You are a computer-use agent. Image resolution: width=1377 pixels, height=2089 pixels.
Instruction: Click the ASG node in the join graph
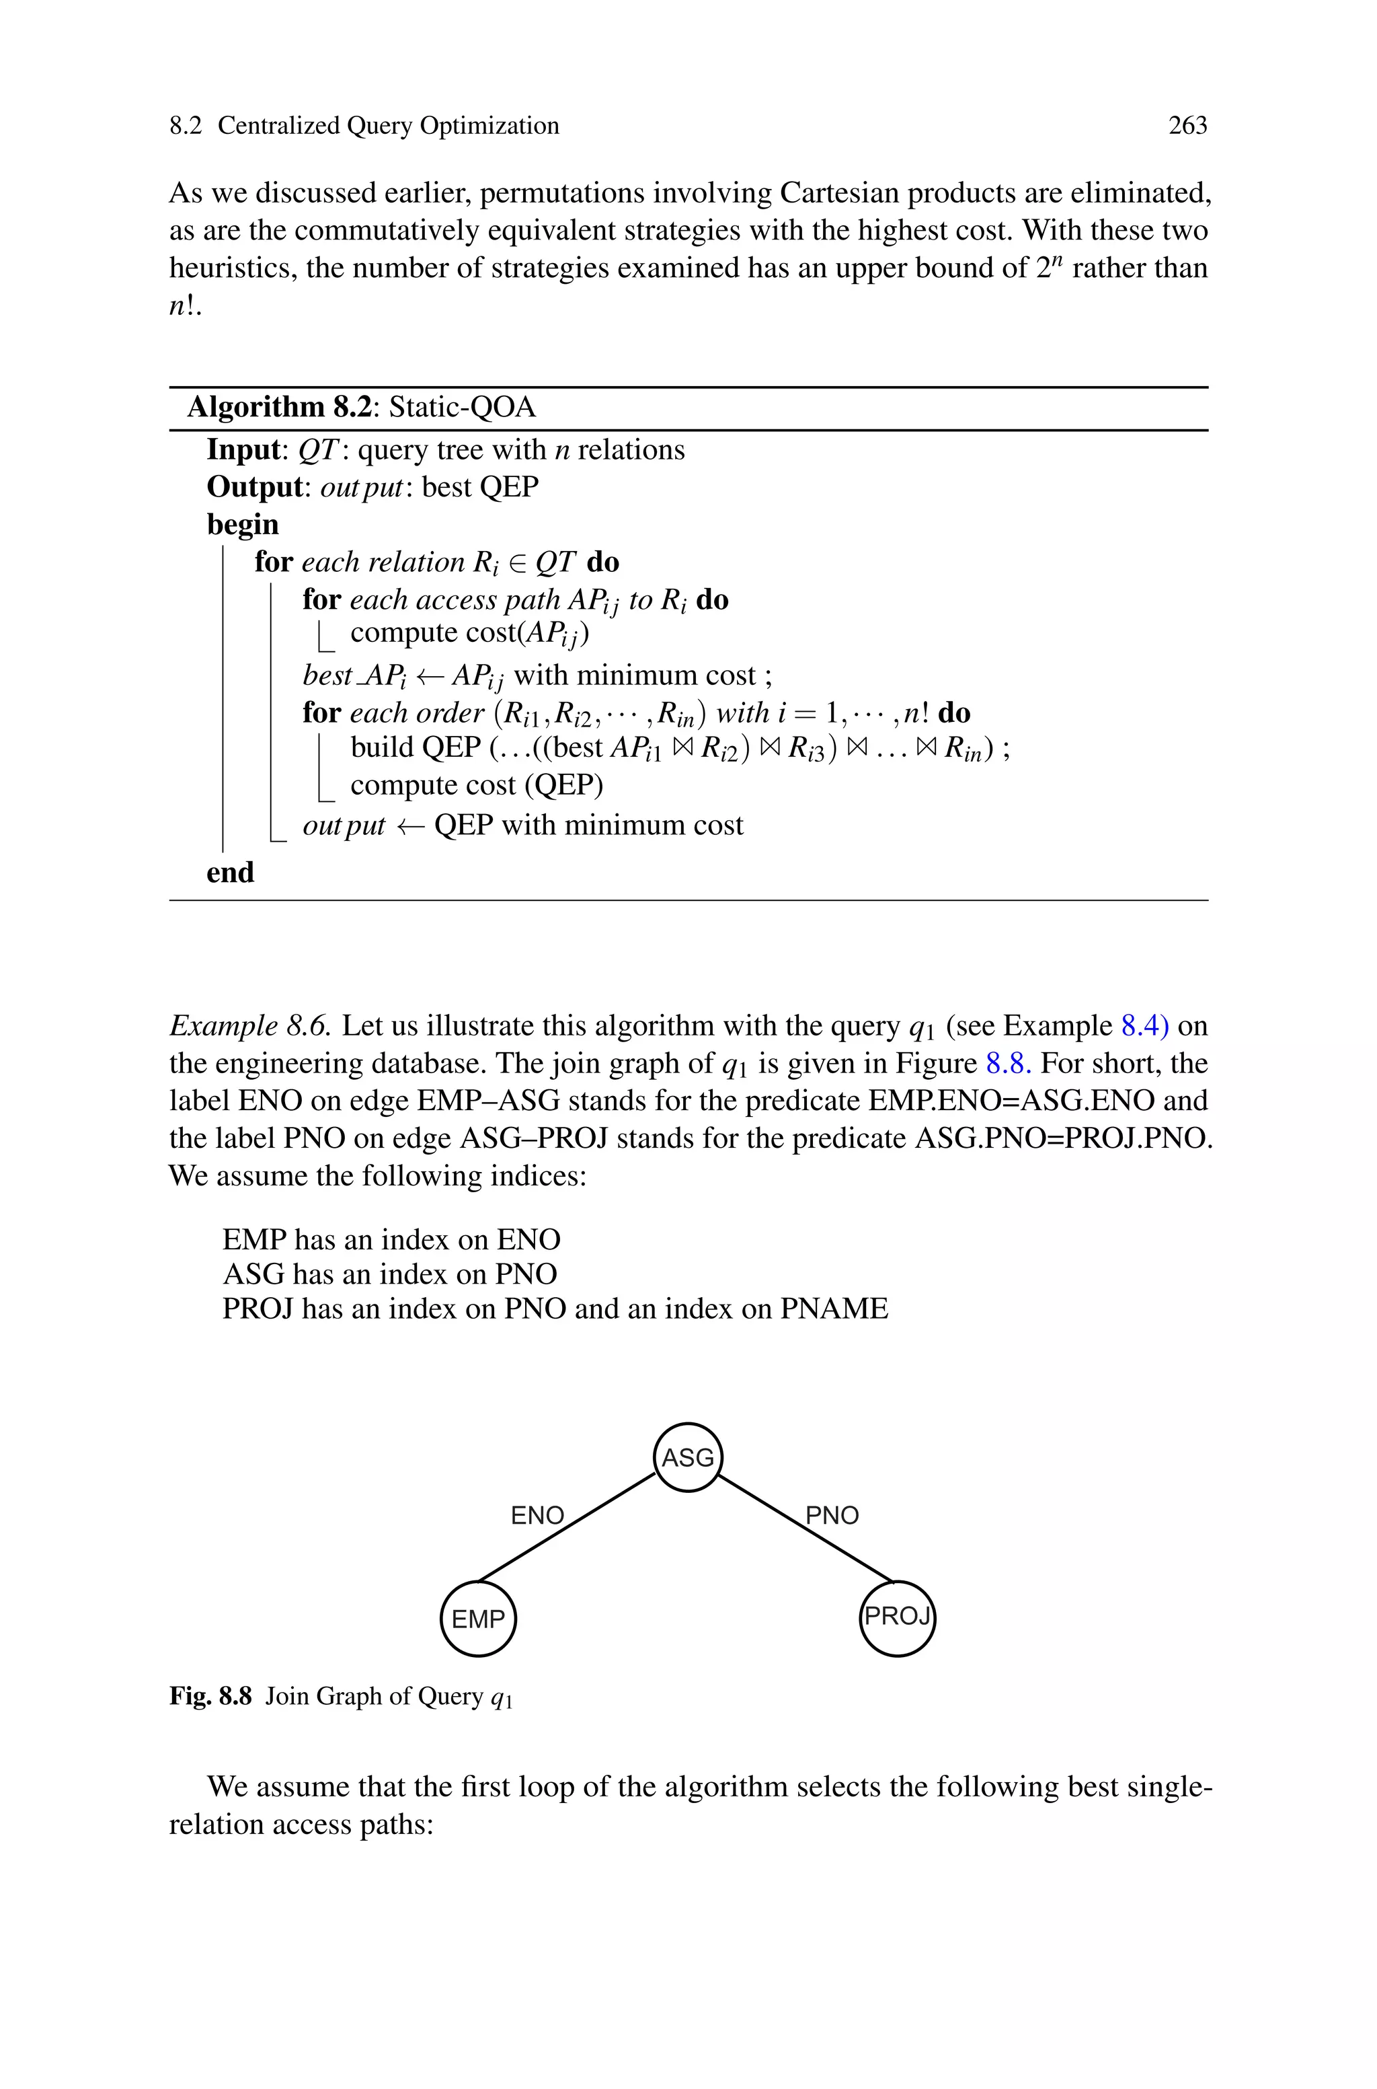[x=688, y=1457]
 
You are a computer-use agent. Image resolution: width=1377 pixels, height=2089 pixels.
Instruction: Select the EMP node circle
[x=478, y=1618]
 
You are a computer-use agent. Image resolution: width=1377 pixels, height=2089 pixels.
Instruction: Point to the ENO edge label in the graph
[x=537, y=1515]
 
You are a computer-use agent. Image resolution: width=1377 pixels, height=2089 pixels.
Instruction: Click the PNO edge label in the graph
[x=832, y=1515]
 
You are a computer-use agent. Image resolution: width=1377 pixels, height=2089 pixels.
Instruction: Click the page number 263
[x=1187, y=126]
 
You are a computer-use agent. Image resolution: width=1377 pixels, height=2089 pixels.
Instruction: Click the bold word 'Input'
[x=242, y=450]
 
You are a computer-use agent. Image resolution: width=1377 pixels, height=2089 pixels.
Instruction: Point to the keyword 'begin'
[x=242, y=525]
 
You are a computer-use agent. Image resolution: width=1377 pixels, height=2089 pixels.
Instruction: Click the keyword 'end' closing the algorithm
[x=230, y=873]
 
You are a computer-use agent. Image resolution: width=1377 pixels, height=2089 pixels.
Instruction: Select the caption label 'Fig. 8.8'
[x=210, y=1695]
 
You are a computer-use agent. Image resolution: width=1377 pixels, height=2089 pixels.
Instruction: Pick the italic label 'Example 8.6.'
[x=250, y=1025]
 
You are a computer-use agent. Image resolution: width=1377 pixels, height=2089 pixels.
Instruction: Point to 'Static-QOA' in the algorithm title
[x=462, y=408]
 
